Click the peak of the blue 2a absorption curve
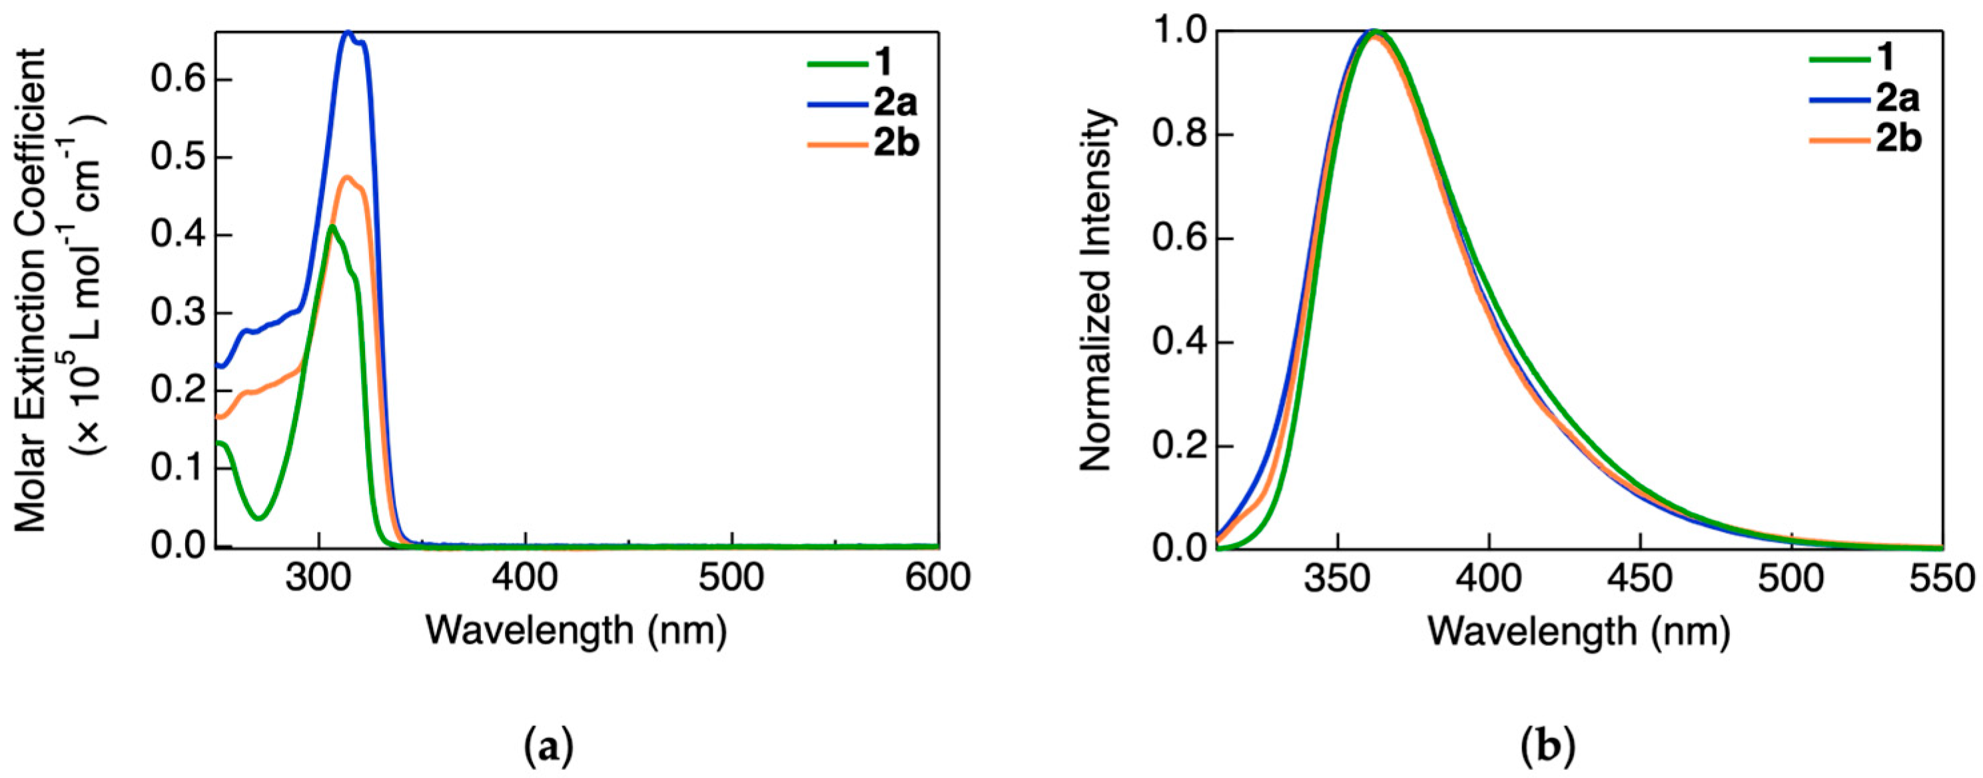348,33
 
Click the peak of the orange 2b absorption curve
348,177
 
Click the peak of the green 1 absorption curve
332,227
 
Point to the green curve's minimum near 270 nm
259,517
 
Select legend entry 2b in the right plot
1898,140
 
